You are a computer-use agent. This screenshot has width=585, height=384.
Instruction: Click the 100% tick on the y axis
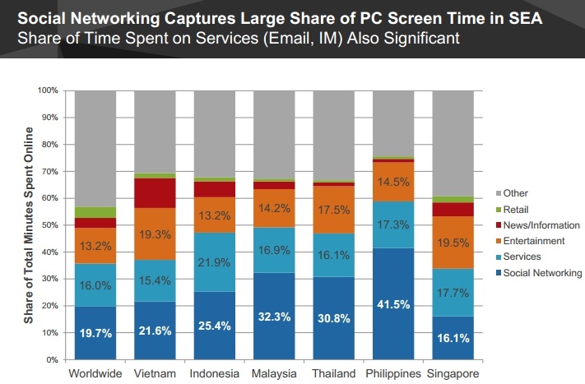(49, 90)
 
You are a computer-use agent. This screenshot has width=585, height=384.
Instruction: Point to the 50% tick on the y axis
(51, 224)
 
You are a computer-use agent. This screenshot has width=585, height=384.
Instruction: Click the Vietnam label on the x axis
(154, 373)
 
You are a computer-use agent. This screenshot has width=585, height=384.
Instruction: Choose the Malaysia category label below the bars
(273, 373)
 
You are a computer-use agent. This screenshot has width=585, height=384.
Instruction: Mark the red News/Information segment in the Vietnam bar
(154, 193)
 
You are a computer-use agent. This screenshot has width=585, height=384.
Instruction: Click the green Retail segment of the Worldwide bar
(95, 212)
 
